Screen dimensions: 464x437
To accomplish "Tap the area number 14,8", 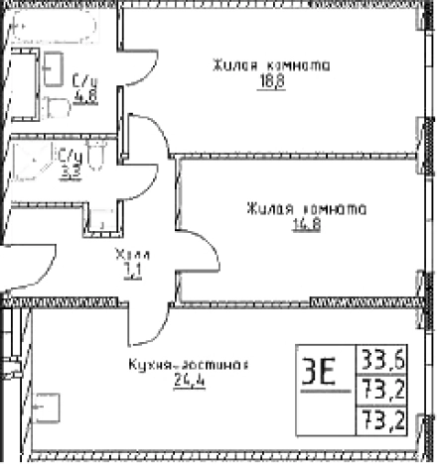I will point(304,223).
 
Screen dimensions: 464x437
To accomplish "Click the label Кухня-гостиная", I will point(186,364).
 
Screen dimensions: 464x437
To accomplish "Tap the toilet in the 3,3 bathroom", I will point(96,156).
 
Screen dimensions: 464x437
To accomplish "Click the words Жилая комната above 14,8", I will point(306,208).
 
